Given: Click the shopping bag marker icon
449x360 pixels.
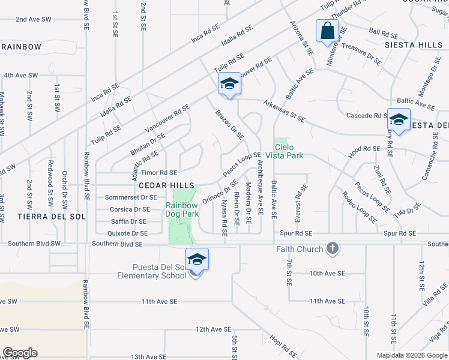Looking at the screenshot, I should click(x=327, y=31).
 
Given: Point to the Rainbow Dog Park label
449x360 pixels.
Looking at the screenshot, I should click(x=182, y=209).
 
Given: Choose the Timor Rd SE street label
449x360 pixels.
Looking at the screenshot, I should click(x=155, y=172).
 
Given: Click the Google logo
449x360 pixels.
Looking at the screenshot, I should click(x=20, y=353).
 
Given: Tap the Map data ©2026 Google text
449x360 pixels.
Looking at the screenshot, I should click(x=412, y=355).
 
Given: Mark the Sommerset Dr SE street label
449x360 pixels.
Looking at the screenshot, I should click(x=130, y=197).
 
